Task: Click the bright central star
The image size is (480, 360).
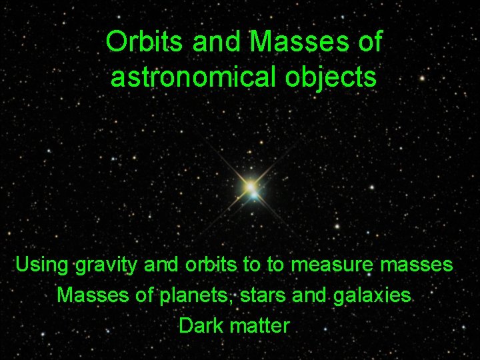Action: (251, 187)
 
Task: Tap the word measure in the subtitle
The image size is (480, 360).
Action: (333, 265)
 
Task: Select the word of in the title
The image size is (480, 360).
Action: (369, 43)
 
